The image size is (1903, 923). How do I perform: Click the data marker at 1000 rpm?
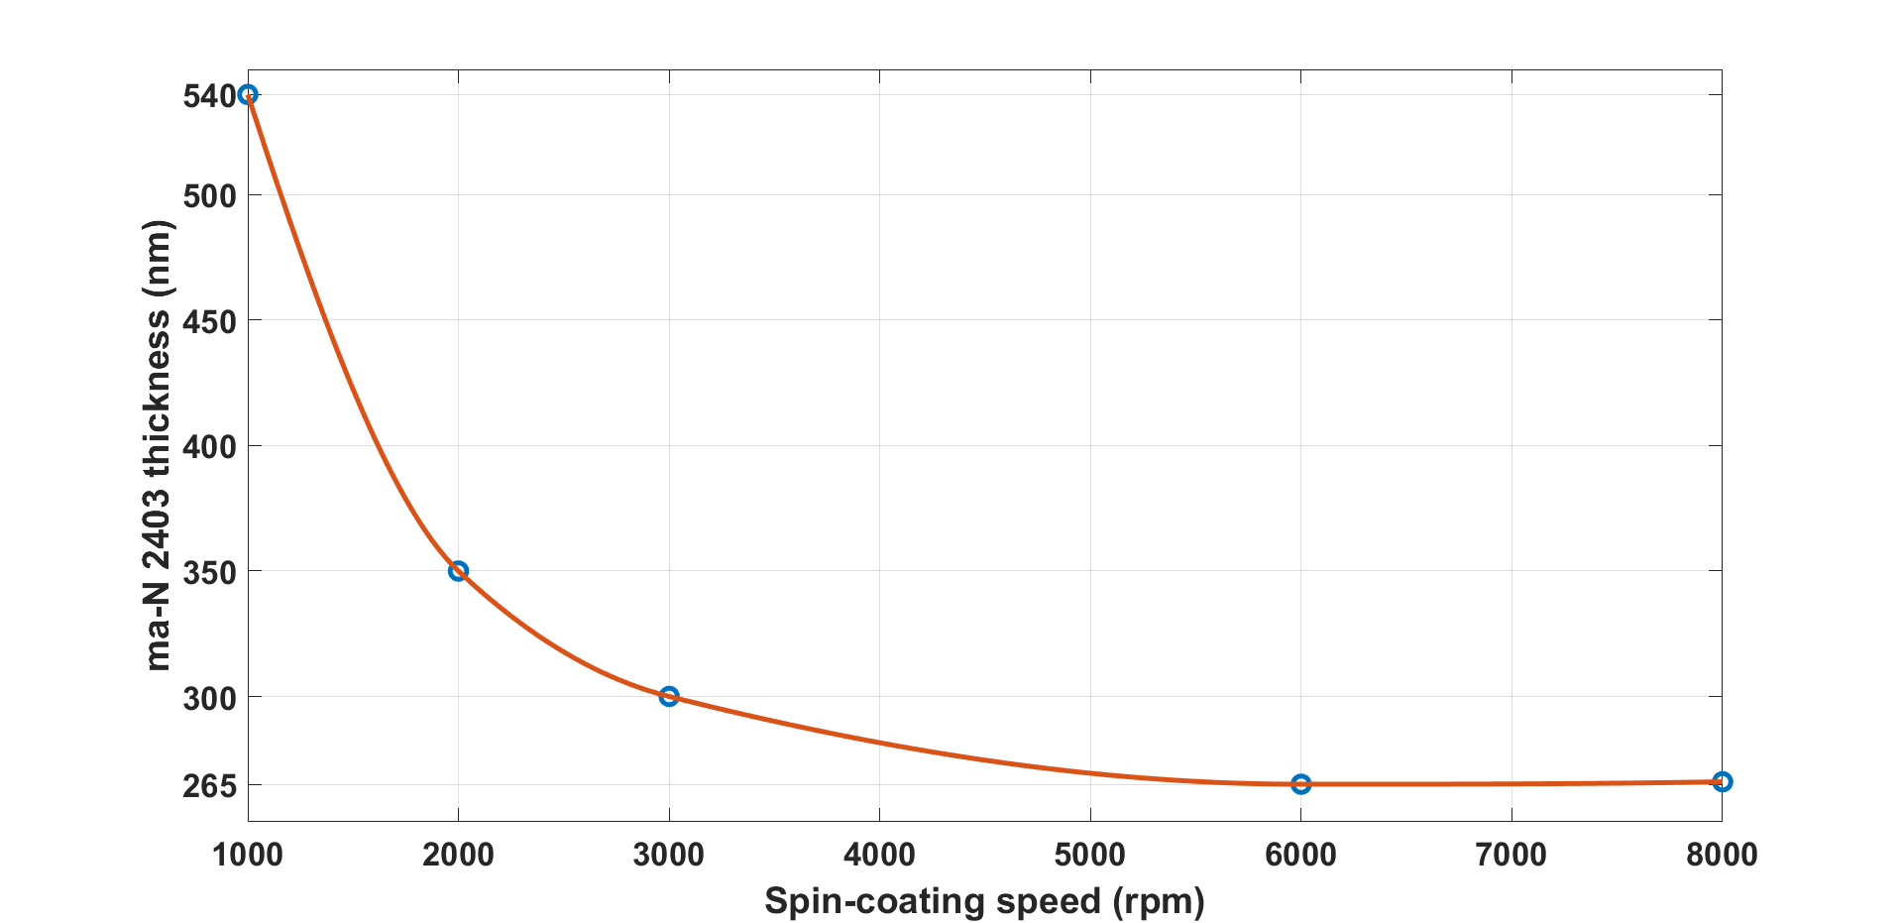(248, 94)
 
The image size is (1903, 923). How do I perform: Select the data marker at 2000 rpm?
(458, 571)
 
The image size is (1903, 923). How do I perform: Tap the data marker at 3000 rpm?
(669, 696)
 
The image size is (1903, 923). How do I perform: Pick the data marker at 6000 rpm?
(1301, 784)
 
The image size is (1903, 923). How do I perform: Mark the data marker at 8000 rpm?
(1723, 781)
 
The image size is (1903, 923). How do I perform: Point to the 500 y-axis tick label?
(210, 196)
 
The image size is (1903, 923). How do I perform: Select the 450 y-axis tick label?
(210, 321)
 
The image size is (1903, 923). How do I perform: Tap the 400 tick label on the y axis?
(210, 447)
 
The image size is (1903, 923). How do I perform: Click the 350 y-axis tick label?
(210, 573)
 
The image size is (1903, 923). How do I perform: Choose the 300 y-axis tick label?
(210, 698)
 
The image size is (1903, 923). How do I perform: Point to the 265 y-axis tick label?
(210, 786)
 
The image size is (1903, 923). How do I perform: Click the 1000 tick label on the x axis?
(248, 854)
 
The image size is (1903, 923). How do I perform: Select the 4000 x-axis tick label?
(879, 854)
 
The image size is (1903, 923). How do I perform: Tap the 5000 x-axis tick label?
(1090, 854)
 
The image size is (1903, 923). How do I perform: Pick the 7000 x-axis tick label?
(1511, 854)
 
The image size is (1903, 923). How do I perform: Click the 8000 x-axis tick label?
(1722, 854)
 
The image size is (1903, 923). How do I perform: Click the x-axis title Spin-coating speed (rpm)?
(984, 901)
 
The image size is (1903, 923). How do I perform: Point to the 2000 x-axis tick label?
(458, 854)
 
